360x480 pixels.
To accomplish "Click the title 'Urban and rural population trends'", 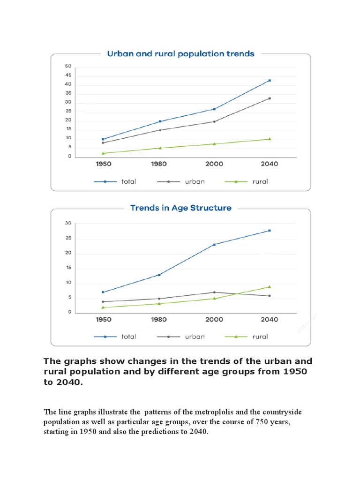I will pos(180,53).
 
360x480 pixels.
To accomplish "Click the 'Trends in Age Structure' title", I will pos(180,208).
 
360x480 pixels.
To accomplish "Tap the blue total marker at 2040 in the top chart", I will pos(270,81).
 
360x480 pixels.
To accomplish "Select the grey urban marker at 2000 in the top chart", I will pos(215,121).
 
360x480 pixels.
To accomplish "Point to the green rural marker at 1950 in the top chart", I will pos(103,153).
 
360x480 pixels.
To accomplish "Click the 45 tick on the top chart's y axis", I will pos(68,75).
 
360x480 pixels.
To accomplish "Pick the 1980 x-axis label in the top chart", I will pos(160,164).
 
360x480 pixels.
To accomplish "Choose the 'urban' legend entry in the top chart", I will pos(194,181).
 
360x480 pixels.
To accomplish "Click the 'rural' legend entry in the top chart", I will pos(260,181).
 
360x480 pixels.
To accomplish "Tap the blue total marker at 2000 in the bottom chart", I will pos(215,245).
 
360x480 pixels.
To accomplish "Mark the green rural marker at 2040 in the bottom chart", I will pos(270,287).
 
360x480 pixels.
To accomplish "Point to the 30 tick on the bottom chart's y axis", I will pos(68,224).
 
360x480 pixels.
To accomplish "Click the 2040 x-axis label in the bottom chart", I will pos(270,320).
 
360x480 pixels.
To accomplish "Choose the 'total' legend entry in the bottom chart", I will pos(128,337).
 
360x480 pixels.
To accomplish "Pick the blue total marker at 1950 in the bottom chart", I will pos(103,292).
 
